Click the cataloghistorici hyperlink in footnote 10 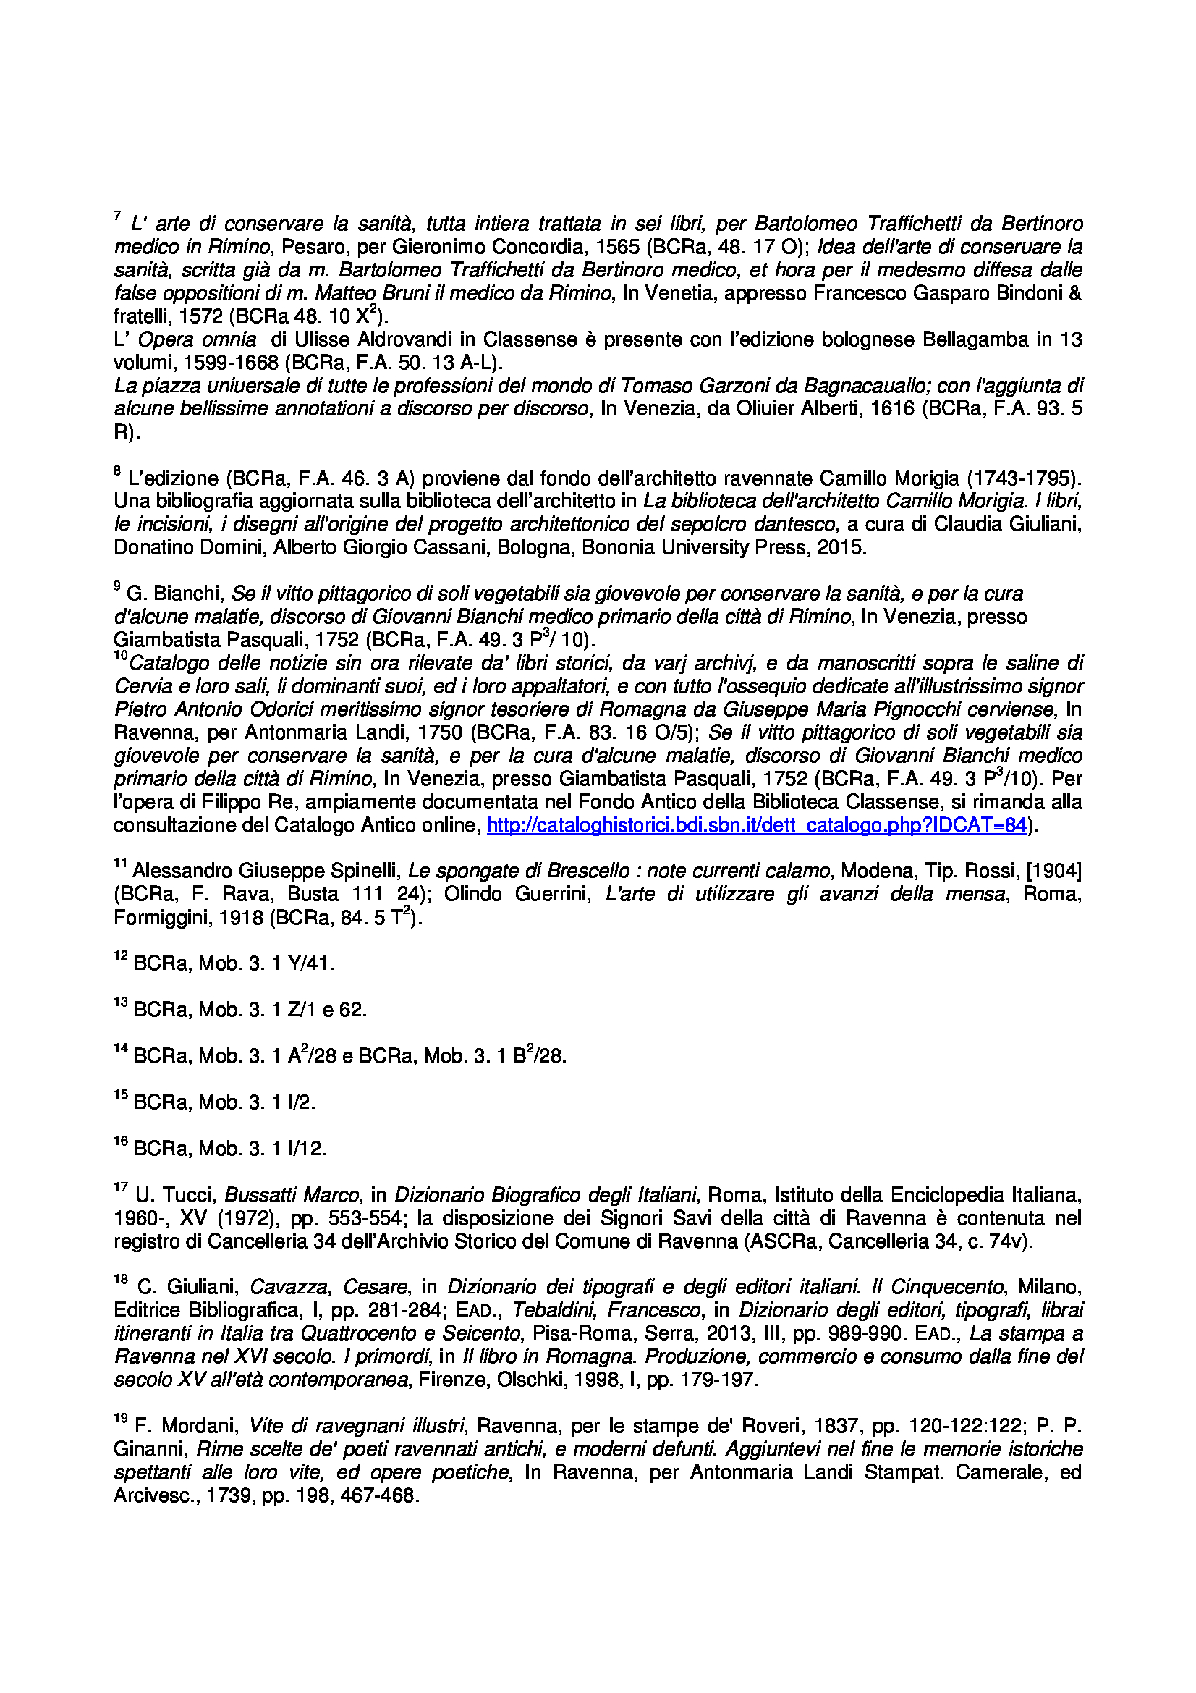click(756, 825)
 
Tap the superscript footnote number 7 click(117, 216)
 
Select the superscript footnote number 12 click(121, 956)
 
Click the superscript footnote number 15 click(121, 1095)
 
